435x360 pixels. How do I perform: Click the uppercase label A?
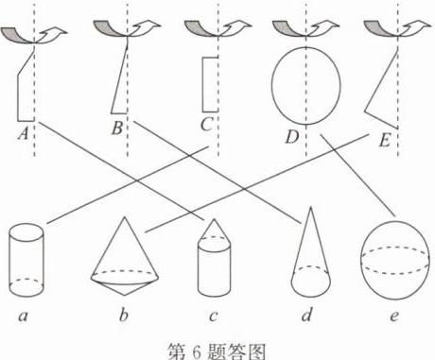pyautogui.click(x=24, y=133)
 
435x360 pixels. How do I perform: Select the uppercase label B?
pyautogui.click(x=117, y=129)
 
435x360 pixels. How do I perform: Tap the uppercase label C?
pyautogui.click(x=206, y=125)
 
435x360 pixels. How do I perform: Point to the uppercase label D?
pyautogui.click(x=292, y=137)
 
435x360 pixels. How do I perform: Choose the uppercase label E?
pyautogui.click(x=384, y=141)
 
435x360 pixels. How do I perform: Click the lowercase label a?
pyautogui.click(x=23, y=316)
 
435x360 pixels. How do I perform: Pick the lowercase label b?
pyautogui.click(x=124, y=314)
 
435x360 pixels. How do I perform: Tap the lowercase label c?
pyautogui.click(x=214, y=316)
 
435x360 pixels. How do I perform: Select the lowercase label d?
pyautogui.click(x=306, y=314)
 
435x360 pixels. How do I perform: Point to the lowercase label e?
pyautogui.click(x=394, y=316)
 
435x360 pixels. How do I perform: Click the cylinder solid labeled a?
pyautogui.click(x=26, y=260)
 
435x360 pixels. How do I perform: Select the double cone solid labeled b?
pyautogui.click(x=125, y=256)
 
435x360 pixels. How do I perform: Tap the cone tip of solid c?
pyautogui.click(x=215, y=219)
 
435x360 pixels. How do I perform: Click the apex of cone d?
pyautogui.click(x=311, y=207)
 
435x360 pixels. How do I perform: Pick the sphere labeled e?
pyautogui.click(x=395, y=260)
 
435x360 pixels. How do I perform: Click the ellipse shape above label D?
pyautogui.click(x=272, y=85)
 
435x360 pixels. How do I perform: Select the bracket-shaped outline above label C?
pyautogui.click(x=202, y=84)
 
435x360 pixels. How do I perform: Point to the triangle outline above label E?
pyautogui.click(x=380, y=82)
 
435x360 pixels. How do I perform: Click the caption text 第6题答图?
pyautogui.click(x=217, y=351)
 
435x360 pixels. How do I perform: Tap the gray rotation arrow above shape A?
pyautogui.click(x=17, y=35)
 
